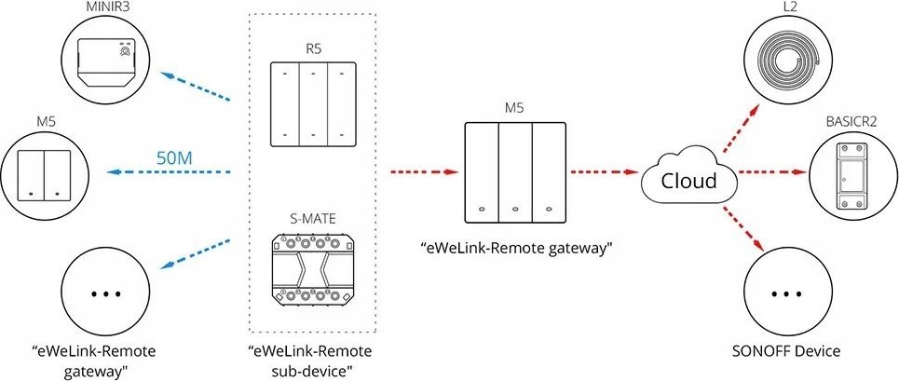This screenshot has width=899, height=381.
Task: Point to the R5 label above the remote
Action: click(x=313, y=48)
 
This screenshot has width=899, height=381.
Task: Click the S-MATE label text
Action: click(x=313, y=219)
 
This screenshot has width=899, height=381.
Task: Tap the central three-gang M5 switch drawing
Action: click(x=514, y=172)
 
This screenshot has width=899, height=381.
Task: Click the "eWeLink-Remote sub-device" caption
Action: click(x=310, y=360)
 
